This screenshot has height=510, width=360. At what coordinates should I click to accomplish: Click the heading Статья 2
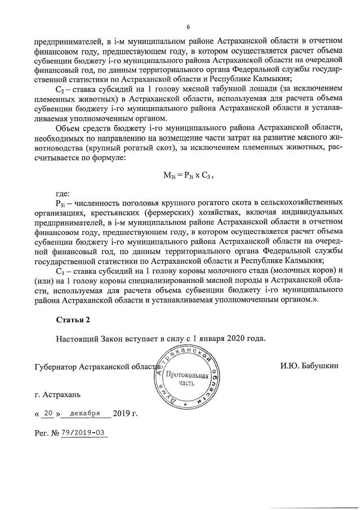(73, 320)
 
